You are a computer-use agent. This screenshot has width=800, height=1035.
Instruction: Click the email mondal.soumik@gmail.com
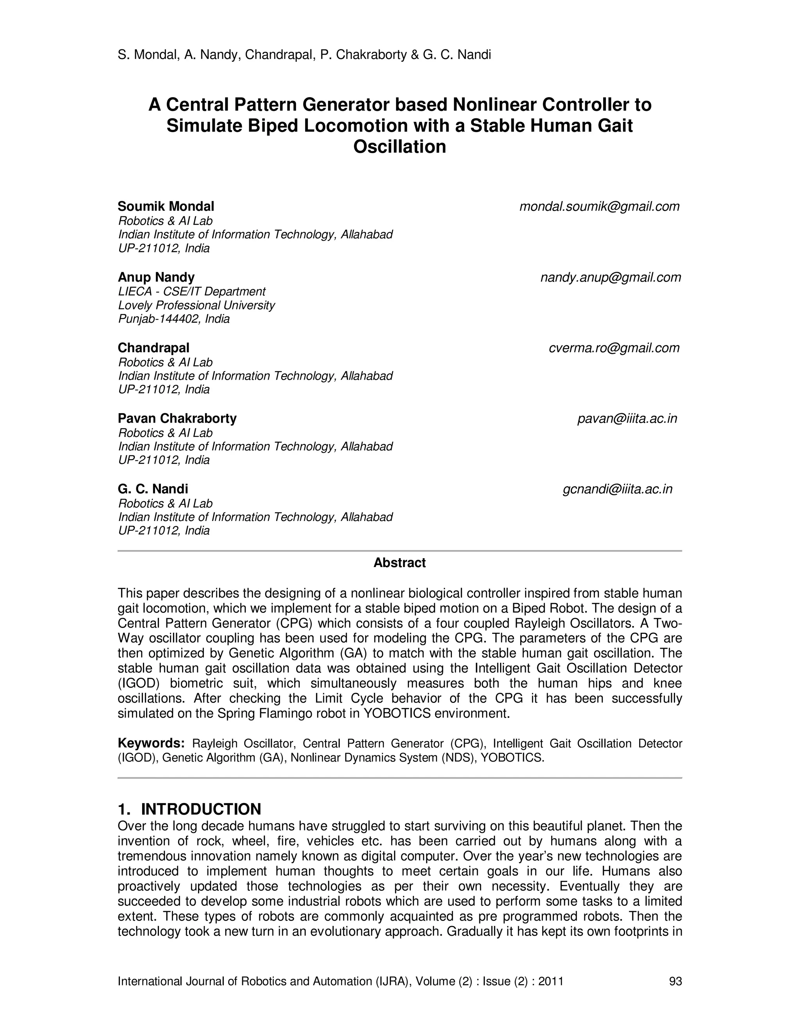599,207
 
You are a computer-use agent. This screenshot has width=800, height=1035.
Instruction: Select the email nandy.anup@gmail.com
611,277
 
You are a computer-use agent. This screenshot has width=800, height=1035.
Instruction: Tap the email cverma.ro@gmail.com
614,348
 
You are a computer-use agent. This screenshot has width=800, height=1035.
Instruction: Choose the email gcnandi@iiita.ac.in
617,489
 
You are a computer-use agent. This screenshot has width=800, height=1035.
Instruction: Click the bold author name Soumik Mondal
166,207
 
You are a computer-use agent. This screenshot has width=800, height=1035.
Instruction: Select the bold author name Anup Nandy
156,277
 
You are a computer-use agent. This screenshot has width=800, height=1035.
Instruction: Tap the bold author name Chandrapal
154,348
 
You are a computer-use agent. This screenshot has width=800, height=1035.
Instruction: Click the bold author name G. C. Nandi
153,489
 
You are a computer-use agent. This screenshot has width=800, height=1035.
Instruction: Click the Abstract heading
400,563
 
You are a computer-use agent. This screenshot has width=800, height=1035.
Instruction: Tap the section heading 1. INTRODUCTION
189,809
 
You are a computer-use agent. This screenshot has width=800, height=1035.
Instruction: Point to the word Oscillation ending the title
400,147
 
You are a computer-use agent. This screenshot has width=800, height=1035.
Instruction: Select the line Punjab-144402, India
173,319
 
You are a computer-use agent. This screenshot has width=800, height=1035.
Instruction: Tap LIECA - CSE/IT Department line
191,291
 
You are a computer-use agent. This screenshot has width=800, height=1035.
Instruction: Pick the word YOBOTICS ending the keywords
511,758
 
